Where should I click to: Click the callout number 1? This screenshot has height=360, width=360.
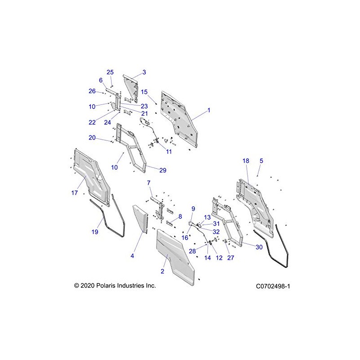point(208,110)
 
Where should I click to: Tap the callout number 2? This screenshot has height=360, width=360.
point(162,271)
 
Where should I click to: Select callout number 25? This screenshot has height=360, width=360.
point(110,72)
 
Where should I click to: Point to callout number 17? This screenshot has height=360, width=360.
point(75,193)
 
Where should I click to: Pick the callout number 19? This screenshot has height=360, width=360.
point(95,232)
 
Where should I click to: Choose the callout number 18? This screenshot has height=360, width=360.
point(246,161)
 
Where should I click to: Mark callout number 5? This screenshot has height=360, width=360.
point(261,161)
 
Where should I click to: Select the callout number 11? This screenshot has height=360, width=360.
point(169,152)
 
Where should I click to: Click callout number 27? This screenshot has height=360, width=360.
point(231,258)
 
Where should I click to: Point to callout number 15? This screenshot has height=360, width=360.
point(144,92)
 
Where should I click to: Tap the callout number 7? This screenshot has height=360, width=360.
point(149,183)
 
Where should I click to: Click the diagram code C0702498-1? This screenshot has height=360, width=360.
point(272,286)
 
